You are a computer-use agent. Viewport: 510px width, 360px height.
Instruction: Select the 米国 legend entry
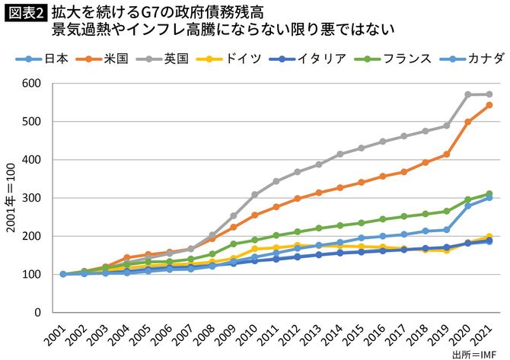point(113,58)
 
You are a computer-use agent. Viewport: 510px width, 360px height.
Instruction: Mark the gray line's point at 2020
point(468,94)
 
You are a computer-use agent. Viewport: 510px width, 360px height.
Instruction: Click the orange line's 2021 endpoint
point(489,105)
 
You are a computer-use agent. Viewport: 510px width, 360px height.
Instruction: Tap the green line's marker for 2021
point(489,193)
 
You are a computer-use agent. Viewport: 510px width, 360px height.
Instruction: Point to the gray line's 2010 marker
point(255,195)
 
